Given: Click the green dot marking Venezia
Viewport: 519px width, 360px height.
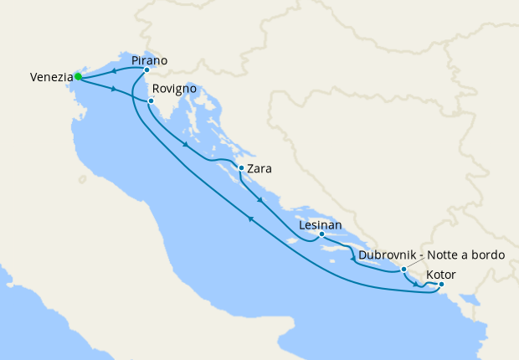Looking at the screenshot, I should click(x=78, y=76).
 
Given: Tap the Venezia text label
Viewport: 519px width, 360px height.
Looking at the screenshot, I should click(x=50, y=78).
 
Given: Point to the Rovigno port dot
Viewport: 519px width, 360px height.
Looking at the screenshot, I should click(x=151, y=101).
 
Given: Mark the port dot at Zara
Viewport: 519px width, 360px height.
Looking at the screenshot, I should click(x=241, y=167).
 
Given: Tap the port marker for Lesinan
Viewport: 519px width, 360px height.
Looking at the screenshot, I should click(x=321, y=234).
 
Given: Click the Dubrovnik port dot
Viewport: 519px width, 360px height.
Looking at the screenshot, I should click(x=403, y=270).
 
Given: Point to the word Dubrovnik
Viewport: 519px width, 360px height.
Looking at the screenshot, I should click(x=389, y=255).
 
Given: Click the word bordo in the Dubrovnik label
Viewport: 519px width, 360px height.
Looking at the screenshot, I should click(x=487, y=255).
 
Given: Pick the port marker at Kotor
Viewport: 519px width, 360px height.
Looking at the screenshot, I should click(x=442, y=285).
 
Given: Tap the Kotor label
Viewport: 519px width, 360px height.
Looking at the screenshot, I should click(x=441, y=274).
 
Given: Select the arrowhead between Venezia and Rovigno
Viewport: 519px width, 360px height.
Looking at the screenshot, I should click(x=112, y=87).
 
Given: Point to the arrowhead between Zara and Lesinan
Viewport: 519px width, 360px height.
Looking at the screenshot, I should click(x=261, y=200).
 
